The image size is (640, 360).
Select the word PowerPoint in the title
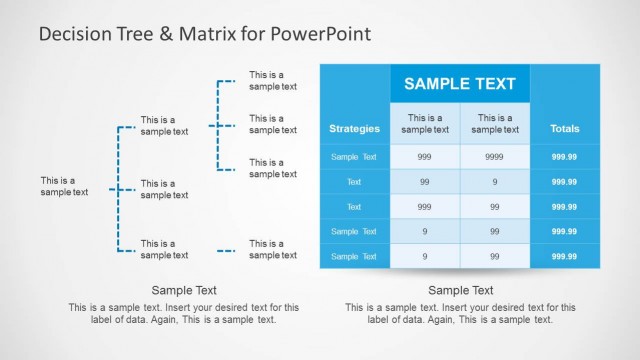319,34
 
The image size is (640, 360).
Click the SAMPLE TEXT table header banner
459,84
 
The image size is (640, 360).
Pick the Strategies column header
354,129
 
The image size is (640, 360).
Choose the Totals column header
564,129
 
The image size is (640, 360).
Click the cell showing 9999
495,157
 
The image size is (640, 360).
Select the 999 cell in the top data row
425,157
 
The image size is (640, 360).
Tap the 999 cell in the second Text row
425,207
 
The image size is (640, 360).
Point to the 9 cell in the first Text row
495,182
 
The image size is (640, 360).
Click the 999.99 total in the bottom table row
564,257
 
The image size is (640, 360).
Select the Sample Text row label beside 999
354,157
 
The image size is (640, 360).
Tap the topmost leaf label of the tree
273,80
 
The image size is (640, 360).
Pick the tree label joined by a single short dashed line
273,249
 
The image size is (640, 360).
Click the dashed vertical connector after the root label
118,188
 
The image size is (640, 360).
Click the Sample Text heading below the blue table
459,289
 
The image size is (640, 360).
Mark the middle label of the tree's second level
164,189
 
